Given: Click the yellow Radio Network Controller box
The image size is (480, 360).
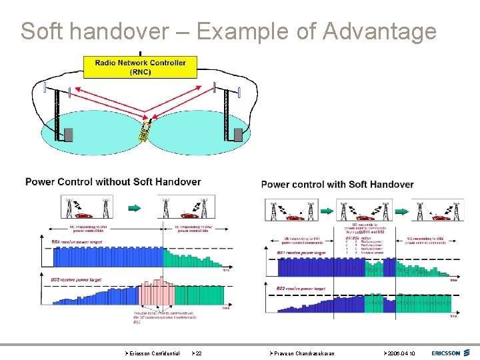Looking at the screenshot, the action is click(x=141, y=67).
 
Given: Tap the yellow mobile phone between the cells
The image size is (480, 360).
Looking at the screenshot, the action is click(x=144, y=132).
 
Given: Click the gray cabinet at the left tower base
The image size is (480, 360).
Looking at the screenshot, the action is click(x=68, y=135).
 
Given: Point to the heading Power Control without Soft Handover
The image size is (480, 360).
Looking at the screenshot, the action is click(x=113, y=181).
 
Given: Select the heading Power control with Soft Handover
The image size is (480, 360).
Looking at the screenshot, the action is click(x=337, y=184).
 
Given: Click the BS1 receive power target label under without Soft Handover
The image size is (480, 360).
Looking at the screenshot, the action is click(x=75, y=241).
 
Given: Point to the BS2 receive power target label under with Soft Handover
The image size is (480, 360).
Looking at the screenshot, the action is click(x=301, y=288).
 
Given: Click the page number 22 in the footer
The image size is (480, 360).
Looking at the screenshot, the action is click(x=198, y=353).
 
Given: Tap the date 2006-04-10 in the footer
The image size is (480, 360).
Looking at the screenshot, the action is click(x=400, y=353).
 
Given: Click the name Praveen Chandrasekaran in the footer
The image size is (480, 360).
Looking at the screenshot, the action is click(x=303, y=353).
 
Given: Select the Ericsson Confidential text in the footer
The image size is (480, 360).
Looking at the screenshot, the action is click(x=154, y=353).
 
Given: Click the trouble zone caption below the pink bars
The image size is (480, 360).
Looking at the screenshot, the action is click(x=155, y=318).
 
